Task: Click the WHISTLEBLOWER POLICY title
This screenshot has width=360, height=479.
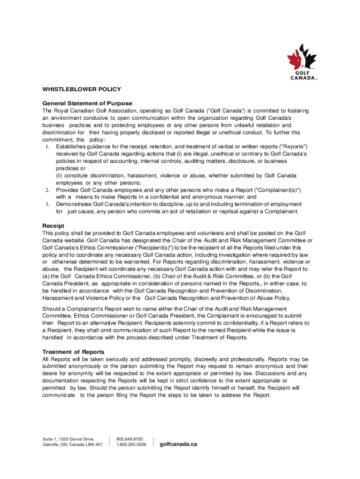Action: [82, 89]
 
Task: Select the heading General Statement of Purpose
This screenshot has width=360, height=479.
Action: [87, 103]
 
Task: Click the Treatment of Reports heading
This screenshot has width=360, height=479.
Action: [73, 352]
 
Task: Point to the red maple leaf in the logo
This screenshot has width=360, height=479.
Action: [295, 59]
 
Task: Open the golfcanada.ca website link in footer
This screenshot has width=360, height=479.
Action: [179, 444]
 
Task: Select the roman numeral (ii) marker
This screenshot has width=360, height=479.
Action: [60, 175]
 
